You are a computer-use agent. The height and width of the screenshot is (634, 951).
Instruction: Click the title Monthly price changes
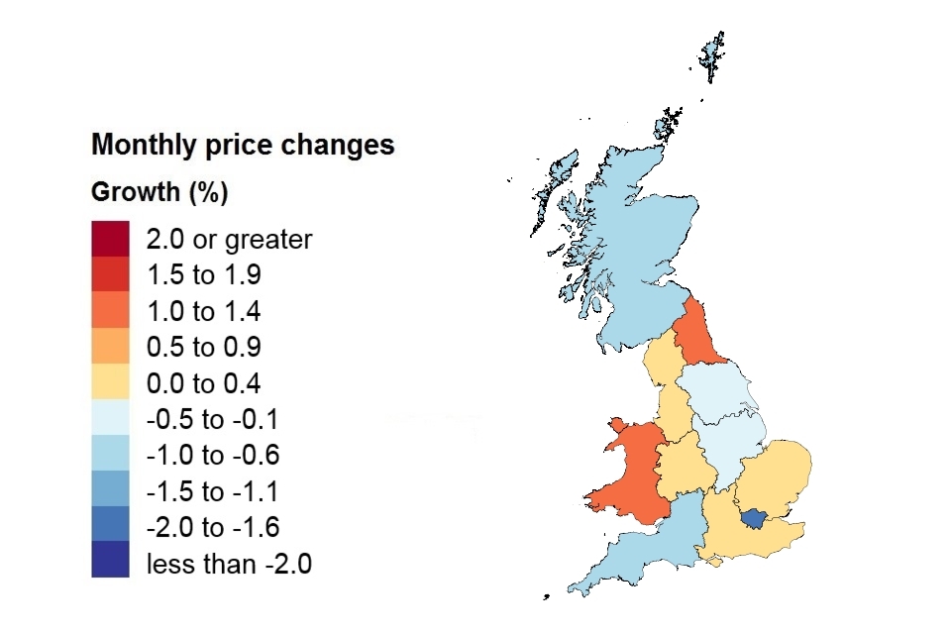(243, 146)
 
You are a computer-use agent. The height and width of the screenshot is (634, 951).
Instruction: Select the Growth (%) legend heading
(159, 192)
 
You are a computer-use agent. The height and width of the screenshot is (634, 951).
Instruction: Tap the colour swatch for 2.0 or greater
(110, 239)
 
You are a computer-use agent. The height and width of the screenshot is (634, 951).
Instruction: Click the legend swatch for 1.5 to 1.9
(110, 275)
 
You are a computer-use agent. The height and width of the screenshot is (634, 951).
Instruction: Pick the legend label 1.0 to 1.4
(203, 312)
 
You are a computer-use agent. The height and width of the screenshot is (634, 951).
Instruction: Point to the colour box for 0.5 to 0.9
(110, 348)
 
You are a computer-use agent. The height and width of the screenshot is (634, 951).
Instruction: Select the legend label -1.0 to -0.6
(212, 456)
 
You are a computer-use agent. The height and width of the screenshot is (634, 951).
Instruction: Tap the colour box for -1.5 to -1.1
(110, 491)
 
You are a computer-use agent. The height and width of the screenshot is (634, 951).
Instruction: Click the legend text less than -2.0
(229, 564)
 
